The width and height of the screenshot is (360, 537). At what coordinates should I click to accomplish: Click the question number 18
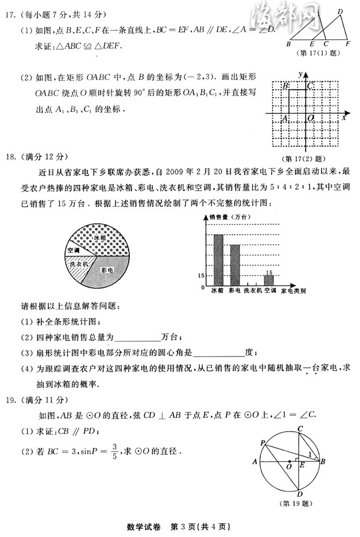[13, 157]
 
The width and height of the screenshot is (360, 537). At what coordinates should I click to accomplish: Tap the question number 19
[13, 401]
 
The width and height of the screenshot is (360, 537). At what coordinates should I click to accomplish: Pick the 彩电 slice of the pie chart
[111, 268]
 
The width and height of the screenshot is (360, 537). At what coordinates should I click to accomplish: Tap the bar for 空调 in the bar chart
[269, 281]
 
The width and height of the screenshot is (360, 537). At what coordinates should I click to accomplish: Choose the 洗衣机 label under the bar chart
[252, 291]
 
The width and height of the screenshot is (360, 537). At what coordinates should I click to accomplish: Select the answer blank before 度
[218, 352]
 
